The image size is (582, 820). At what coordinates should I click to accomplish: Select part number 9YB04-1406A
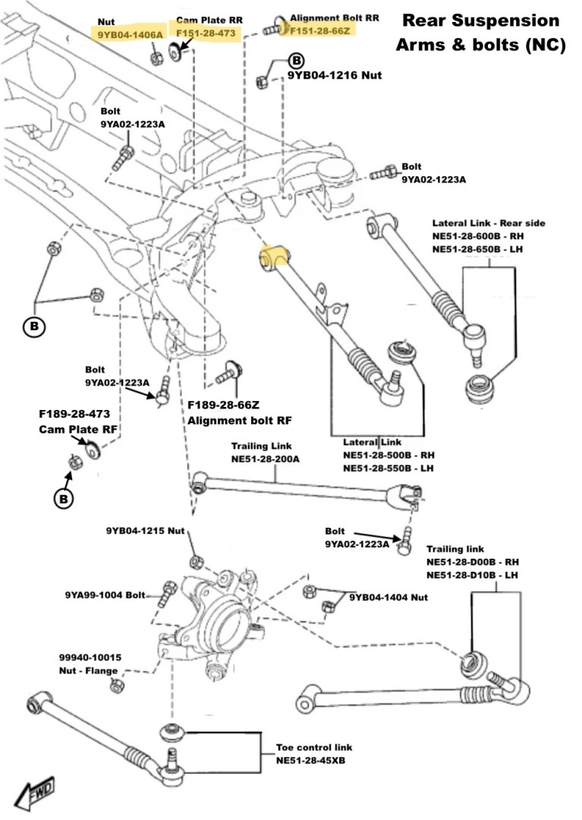point(130,34)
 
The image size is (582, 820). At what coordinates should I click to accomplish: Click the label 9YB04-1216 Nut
point(334,76)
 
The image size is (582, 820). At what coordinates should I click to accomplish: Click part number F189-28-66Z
point(225,406)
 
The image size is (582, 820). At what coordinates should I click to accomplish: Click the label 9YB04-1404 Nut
point(389,598)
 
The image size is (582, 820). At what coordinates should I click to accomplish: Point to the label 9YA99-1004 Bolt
point(105,595)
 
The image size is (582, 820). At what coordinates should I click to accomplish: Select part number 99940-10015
point(90,658)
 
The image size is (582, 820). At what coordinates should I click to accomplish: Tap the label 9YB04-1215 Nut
point(146,530)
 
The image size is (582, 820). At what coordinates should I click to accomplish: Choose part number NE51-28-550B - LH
point(388,468)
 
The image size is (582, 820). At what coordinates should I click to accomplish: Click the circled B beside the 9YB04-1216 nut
point(296,60)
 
